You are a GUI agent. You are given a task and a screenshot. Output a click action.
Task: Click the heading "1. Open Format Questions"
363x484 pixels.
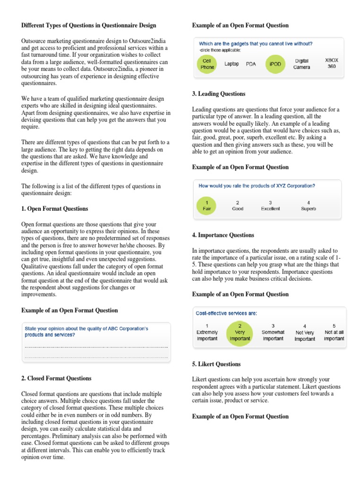pyautogui.click(x=55, y=208)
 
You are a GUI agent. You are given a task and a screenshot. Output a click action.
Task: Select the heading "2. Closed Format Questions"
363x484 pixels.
pyautogui.click(x=57, y=378)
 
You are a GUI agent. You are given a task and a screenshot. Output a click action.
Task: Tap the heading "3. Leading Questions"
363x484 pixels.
pyautogui.click(x=219, y=94)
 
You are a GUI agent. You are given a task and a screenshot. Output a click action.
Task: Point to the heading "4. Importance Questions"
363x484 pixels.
pyautogui.click(x=223, y=235)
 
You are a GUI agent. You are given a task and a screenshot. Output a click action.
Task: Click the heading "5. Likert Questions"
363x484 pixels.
pyautogui.click(x=216, y=364)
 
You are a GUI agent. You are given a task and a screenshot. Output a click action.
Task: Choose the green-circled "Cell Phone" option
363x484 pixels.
pyautogui.click(x=207, y=64)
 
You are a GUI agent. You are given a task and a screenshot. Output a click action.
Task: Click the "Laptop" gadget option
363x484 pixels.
pyautogui.click(x=232, y=64)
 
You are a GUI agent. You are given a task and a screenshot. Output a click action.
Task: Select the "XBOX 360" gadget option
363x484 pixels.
pyautogui.click(x=331, y=63)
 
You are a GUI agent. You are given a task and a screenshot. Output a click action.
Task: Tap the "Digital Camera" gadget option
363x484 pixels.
pyautogui.click(x=302, y=64)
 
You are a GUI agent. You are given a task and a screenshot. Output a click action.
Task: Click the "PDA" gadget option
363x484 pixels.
pyautogui.click(x=251, y=64)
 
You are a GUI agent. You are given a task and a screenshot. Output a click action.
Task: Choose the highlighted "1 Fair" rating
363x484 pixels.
pyautogui.click(x=207, y=205)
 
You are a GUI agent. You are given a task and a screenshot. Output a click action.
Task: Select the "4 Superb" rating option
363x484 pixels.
pyautogui.click(x=308, y=205)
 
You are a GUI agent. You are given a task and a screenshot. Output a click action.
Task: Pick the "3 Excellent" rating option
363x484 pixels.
pyautogui.click(x=270, y=205)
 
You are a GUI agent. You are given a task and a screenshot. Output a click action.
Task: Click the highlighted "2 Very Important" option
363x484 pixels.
pyautogui.click(x=240, y=332)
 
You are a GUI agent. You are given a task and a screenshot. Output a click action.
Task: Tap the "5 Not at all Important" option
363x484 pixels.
pyautogui.click(x=334, y=332)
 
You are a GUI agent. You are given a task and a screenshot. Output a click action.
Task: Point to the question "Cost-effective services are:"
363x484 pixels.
pyautogui.click(x=226, y=313)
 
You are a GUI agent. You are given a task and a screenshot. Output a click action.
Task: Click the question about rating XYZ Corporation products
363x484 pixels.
pyautogui.click(x=257, y=186)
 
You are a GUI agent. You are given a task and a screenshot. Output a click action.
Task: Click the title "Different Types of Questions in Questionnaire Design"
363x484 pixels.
pyautogui.click(x=89, y=25)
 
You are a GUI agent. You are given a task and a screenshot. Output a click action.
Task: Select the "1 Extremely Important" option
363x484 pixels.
pyautogui.click(x=207, y=332)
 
